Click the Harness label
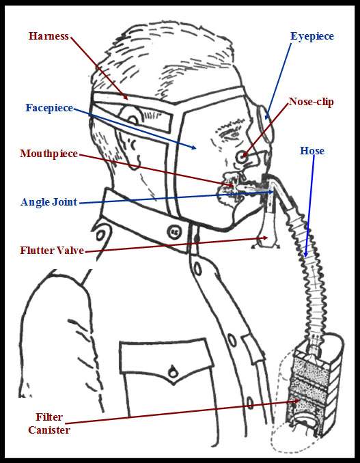[49, 36]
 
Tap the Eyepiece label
[312, 36]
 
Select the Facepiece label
[49, 108]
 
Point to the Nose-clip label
[311, 102]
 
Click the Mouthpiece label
[49, 154]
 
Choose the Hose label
[312, 151]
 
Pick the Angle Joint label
[49, 202]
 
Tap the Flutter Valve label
[52, 251]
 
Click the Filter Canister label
[49, 423]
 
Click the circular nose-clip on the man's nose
[242, 157]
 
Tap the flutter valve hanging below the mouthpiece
[266, 234]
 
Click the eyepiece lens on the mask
[265, 124]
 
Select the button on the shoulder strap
[100, 235]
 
